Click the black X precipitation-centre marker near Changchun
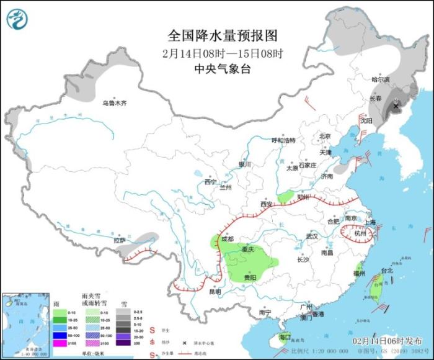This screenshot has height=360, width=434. tap(396, 107)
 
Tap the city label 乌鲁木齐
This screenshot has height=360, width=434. tap(114, 103)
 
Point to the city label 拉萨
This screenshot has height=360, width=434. tap(119, 240)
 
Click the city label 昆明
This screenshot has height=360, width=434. tap(215, 291)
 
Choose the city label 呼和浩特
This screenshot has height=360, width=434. tap(284, 140)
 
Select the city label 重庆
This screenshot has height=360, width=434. tap(249, 250)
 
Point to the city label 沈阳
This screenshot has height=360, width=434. tap(368, 121)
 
